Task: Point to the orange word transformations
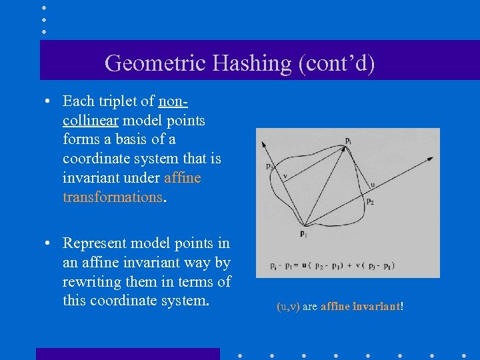click(112, 197)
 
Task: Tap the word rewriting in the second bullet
click(93, 281)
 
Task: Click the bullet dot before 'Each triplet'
click(49, 102)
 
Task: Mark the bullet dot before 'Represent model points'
click(49, 244)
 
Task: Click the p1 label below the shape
click(303, 234)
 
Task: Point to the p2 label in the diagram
click(370, 201)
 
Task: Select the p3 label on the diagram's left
click(269, 167)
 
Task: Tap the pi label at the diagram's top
click(349, 139)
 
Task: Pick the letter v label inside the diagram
click(285, 177)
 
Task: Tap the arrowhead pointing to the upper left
click(263, 143)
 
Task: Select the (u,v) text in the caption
click(288, 307)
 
